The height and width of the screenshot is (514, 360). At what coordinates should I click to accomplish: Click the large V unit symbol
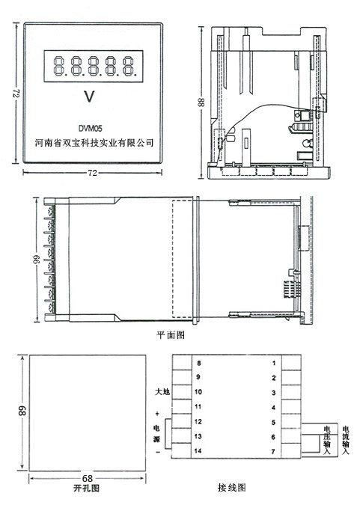point(91,97)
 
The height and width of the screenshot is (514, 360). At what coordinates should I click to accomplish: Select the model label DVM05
point(91,128)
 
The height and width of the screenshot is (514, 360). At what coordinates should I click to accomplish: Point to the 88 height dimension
point(201,101)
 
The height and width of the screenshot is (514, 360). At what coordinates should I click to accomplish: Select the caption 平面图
point(170,336)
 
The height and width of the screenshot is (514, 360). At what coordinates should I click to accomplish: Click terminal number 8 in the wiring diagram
point(198,363)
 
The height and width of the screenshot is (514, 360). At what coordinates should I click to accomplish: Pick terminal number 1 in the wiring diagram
point(274,363)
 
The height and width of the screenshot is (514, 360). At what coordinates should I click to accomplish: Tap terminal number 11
point(198,406)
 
